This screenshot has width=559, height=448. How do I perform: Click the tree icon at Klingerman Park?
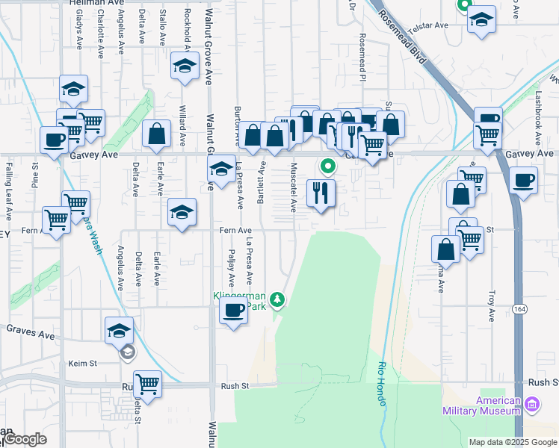pos(278,300)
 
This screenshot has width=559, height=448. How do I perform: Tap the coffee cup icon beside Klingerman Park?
pos(233,310)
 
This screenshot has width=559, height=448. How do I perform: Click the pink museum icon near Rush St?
pos(532,405)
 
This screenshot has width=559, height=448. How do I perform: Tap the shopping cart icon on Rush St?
pos(148,384)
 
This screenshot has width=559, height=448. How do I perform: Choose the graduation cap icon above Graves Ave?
pos(119,329)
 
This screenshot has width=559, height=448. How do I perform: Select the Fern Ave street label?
pos(235,231)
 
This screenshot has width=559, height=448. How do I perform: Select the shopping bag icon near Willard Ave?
pos(157,134)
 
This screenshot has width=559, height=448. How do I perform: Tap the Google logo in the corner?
pos(25,439)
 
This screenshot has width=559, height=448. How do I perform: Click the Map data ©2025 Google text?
pos(513,442)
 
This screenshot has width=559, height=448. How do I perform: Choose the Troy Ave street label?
pos(492,306)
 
